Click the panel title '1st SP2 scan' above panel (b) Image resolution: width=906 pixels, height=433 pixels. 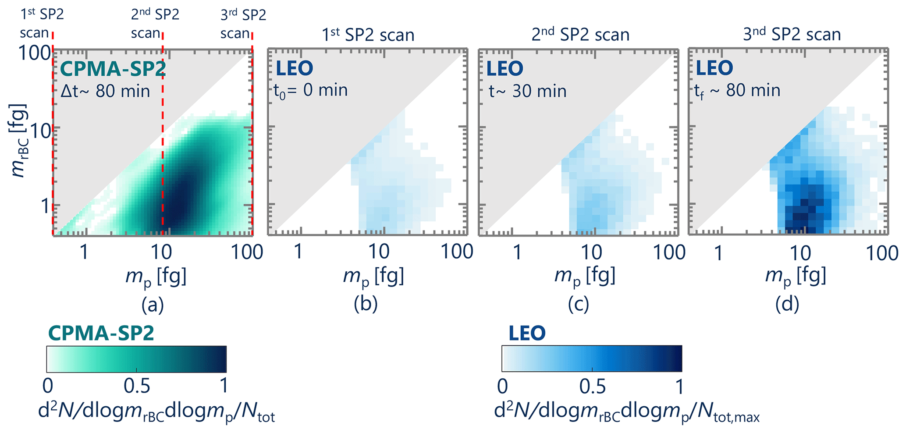click(368, 35)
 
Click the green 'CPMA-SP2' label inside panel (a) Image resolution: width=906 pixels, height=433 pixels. click(112, 69)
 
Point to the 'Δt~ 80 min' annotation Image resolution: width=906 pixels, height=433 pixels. click(105, 91)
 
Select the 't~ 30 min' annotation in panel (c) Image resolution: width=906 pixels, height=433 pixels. click(527, 91)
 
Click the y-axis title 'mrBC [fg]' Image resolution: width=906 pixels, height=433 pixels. click(19, 140)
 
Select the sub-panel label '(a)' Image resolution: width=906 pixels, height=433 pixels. click(153, 305)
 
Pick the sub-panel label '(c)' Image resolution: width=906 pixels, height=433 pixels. click(578, 305)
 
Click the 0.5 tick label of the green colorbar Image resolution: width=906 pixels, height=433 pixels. click(137, 386)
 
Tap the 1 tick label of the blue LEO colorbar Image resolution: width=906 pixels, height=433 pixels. click(679, 386)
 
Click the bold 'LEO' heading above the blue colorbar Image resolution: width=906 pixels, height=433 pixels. click(527, 334)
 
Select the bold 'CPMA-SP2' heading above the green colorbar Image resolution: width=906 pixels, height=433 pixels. click(101, 334)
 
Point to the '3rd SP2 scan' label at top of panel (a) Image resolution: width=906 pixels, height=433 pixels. click(243, 24)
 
